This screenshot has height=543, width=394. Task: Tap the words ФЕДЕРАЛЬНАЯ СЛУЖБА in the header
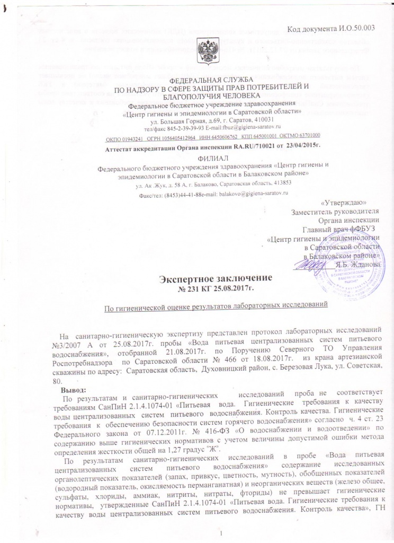click(x=197, y=78)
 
